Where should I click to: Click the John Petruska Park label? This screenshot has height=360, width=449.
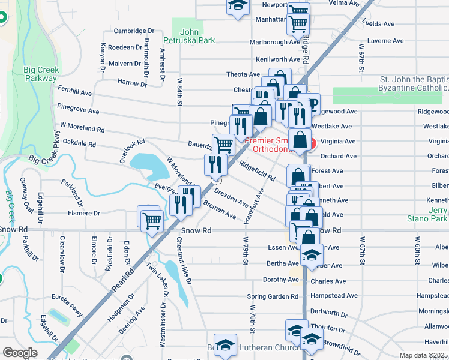[189, 36]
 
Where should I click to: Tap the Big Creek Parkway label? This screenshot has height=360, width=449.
[40, 74]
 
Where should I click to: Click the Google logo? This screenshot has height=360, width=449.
[20, 353]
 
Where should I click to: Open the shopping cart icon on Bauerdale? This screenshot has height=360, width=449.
[223, 143]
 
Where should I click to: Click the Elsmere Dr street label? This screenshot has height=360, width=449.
[84, 213]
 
